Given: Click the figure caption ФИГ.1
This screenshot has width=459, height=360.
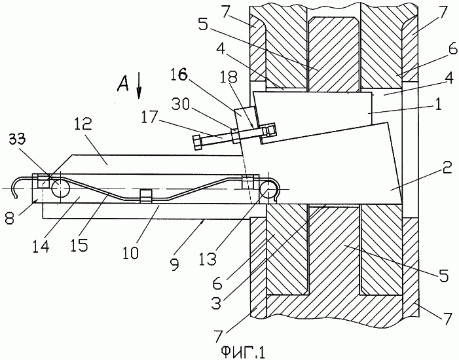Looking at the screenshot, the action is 243,351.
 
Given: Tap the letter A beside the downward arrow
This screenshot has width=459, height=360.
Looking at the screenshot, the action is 123,83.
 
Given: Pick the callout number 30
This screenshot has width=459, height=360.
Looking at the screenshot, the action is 181,105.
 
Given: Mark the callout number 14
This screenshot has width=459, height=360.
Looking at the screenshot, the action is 41,247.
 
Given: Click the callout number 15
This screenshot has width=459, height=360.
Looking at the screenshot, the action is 79,245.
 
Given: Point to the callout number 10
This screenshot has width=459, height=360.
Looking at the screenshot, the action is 130,252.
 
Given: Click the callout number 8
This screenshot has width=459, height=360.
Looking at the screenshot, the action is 9,219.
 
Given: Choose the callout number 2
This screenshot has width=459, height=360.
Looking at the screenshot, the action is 448,169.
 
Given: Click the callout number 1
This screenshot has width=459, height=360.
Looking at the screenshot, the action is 438,105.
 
